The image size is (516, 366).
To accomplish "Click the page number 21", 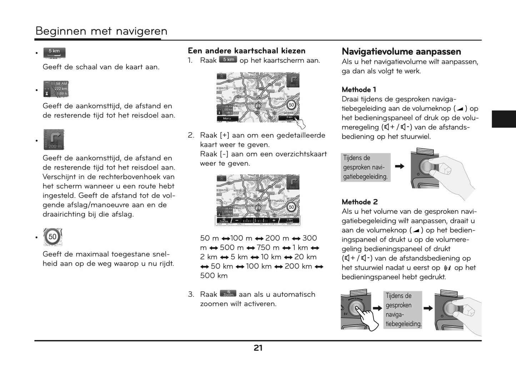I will point(258,348).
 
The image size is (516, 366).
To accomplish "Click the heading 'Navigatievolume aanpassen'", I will point(401,52).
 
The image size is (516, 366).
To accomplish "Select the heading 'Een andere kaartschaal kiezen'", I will point(246,51).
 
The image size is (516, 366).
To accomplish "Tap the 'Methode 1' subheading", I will point(359,90).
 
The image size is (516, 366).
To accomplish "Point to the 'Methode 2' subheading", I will point(359,202).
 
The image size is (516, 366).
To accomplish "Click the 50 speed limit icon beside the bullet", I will point(53,237).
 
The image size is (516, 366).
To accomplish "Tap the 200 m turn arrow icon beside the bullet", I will point(54,140).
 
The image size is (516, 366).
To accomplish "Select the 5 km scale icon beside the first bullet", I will point(54,53).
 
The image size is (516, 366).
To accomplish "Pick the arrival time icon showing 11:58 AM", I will point(55,89).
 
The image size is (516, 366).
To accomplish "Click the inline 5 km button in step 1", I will point(228,60).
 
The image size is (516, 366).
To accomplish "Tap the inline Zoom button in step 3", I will point(228,294).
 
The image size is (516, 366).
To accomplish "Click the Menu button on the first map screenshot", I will point(227,118).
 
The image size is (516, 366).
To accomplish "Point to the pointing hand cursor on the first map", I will point(301,123).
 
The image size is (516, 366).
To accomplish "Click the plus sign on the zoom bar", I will point(274,221).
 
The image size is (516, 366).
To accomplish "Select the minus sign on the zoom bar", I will point(237,221).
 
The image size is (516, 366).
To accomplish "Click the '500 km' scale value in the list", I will point(214,276).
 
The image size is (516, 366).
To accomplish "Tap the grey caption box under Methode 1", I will point(365,167).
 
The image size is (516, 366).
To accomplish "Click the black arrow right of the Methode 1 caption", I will point(400,166).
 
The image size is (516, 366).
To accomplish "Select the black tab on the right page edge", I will point(504,119).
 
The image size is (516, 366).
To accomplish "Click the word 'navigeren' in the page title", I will point(143,31).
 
